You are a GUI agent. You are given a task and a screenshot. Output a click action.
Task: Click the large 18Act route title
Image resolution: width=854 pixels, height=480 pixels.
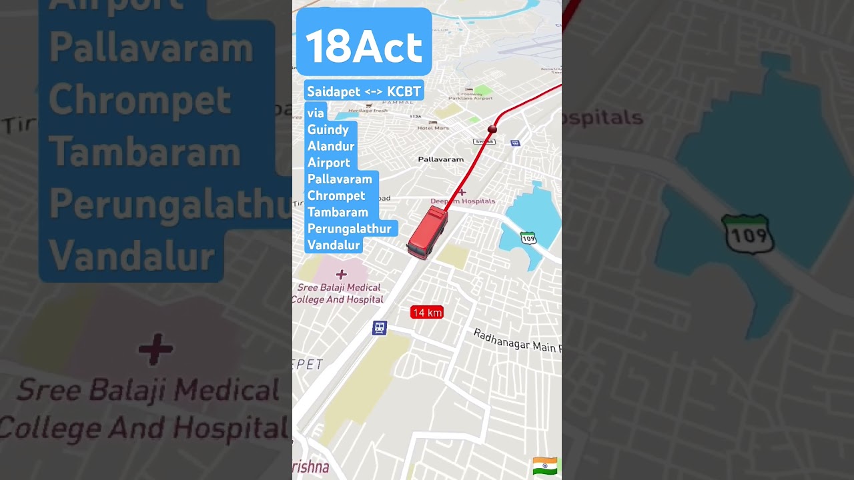pyautogui.click(x=364, y=46)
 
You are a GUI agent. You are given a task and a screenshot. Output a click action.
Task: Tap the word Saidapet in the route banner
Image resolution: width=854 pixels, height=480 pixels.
pyautogui.click(x=334, y=91)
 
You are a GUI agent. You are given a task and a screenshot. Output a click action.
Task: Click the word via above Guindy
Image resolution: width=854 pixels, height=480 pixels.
pyautogui.click(x=316, y=113)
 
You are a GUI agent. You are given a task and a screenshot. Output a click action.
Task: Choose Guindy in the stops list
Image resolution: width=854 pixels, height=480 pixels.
pyautogui.click(x=328, y=129)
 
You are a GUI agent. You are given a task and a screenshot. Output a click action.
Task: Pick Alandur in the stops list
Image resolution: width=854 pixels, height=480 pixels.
pyautogui.click(x=331, y=146)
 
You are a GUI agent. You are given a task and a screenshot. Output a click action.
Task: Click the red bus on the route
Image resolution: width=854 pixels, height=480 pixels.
pyautogui.click(x=427, y=232)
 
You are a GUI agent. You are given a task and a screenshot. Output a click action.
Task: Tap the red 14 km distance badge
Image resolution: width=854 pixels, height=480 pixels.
pyautogui.click(x=427, y=313)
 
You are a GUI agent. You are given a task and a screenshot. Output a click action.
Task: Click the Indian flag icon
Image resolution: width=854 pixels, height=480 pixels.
pyautogui.click(x=545, y=465)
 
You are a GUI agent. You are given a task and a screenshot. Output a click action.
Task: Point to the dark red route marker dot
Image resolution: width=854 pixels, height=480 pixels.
pyautogui.click(x=493, y=128)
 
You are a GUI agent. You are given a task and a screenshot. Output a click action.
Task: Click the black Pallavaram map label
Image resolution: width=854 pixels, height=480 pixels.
pyautogui.click(x=440, y=159)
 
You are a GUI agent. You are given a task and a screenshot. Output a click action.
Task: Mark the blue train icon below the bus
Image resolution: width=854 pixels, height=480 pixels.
pyautogui.click(x=380, y=328)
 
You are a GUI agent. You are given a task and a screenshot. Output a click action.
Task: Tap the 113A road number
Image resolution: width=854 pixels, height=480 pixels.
pyautogui.click(x=416, y=116)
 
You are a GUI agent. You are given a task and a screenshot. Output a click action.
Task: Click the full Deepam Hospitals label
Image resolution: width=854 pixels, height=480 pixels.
pyautogui.click(x=463, y=201)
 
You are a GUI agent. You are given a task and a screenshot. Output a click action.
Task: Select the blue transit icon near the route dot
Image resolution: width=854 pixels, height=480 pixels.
pyautogui.click(x=514, y=143)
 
